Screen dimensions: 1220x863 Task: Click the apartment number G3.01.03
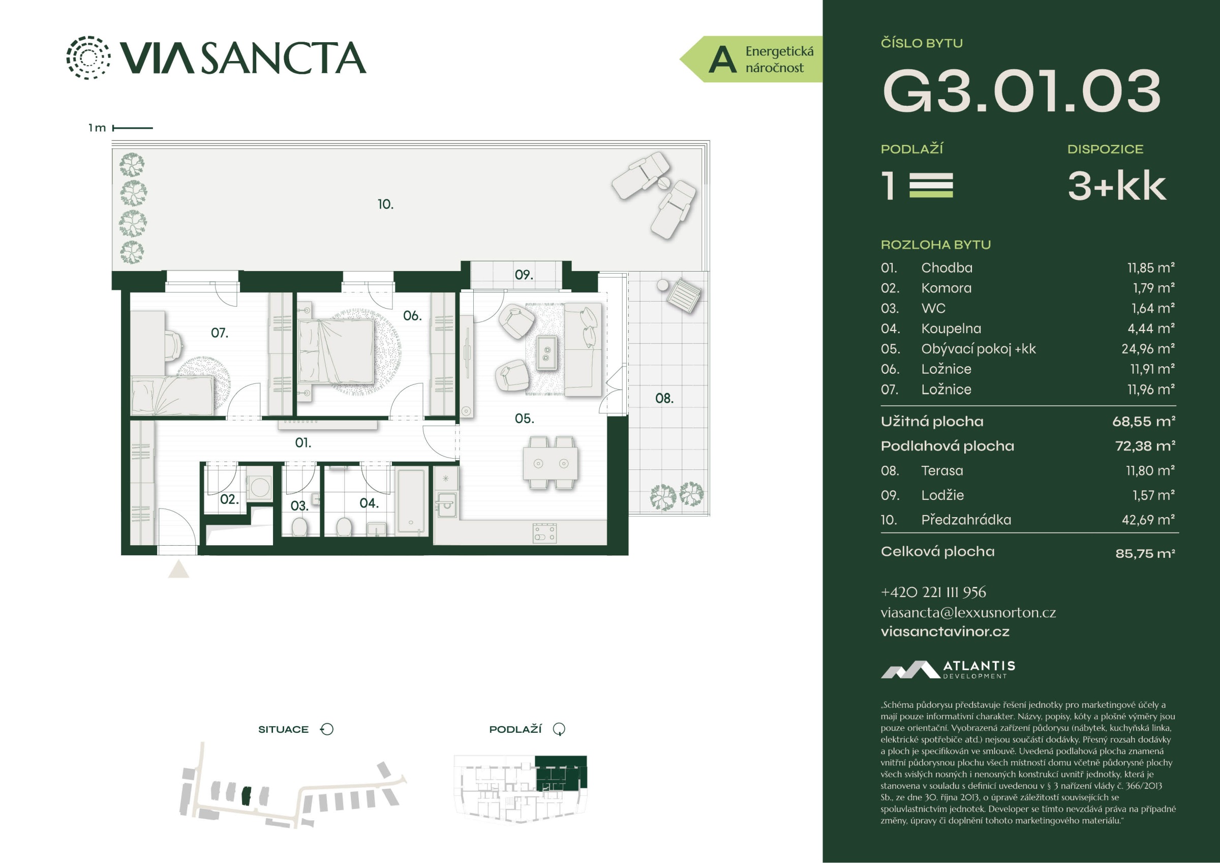[x=1021, y=91]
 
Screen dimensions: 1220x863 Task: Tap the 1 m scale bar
[x=133, y=128]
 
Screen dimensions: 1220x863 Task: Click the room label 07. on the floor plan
[x=220, y=333]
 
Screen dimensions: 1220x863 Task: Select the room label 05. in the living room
[x=524, y=419]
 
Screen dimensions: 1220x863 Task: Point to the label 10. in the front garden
[x=386, y=204]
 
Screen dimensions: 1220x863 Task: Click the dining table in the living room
[x=551, y=463]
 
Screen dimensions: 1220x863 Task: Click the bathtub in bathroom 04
[x=412, y=501]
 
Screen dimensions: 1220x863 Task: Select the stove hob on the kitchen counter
[x=545, y=533]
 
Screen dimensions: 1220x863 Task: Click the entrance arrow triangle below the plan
[x=178, y=570]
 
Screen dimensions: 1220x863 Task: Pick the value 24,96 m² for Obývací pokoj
[x=1151, y=349]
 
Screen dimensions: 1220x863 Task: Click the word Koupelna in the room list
[x=951, y=329]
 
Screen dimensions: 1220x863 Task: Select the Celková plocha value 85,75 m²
[x=1145, y=553]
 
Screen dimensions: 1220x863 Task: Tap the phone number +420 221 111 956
[x=933, y=592]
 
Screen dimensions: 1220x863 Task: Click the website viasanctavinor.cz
[x=945, y=632]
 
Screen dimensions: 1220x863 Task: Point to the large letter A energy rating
[x=723, y=59]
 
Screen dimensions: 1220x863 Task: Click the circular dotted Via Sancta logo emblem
[x=88, y=57]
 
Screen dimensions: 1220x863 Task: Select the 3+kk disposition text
[x=1117, y=186]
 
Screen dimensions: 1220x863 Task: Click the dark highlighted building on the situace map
[x=246, y=796]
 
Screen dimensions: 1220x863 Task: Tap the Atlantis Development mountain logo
[x=910, y=669]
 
